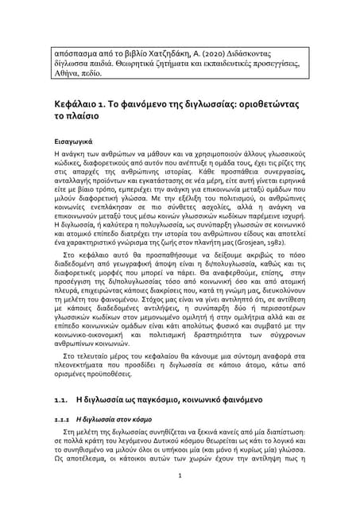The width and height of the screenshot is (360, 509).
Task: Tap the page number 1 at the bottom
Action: coord(180,476)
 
